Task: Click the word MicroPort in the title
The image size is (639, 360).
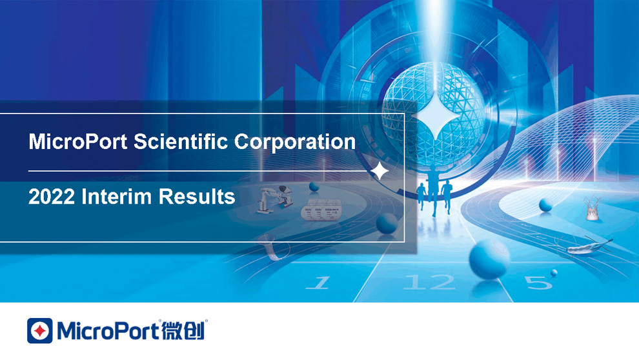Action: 78,142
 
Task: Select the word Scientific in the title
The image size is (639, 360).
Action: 181,141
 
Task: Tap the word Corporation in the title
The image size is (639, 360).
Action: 294,143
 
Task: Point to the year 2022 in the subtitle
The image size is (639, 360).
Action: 52,197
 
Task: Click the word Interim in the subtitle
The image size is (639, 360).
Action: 117,197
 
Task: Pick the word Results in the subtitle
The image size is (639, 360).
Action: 196,197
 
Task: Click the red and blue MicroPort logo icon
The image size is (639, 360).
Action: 40,331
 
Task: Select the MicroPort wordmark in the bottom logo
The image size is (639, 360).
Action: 108,330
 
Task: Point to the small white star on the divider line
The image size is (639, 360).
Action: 380,171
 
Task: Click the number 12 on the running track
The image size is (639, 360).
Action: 429,282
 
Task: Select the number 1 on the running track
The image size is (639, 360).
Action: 318,283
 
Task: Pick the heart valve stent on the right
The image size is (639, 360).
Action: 592,208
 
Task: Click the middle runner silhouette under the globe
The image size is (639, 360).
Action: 433,190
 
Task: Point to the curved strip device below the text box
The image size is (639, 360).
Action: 274,248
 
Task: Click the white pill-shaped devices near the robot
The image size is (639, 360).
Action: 322,212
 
